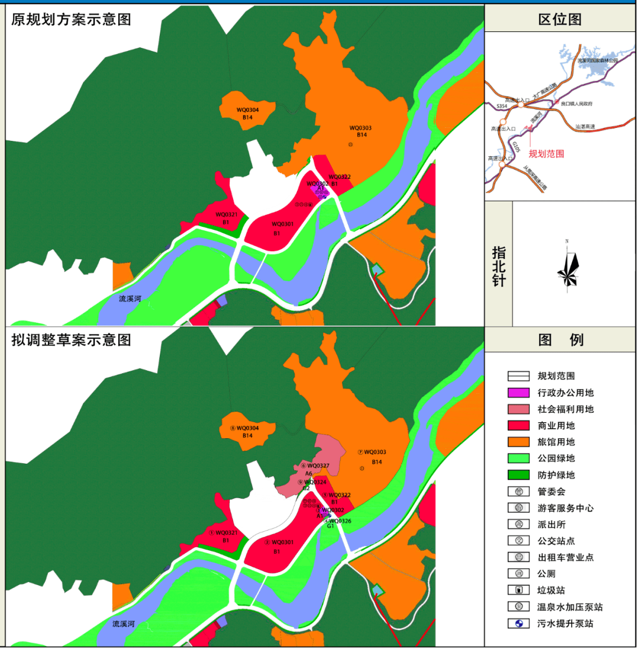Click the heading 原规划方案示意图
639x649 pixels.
tap(71, 19)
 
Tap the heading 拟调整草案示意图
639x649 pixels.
tap(71, 340)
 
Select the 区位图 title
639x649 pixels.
tap(560, 19)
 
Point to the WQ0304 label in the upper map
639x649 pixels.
tap(248, 110)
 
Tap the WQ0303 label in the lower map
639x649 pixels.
tap(375, 452)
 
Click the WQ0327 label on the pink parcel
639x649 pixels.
tap(318, 466)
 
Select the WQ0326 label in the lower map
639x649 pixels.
tap(340, 521)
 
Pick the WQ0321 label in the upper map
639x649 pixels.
tap(226, 214)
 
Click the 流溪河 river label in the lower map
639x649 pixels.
tap(124, 624)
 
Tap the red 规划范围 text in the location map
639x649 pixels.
tap(546, 153)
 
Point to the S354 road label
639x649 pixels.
tap(502, 106)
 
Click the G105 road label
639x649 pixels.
tap(516, 148)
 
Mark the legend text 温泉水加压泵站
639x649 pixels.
tap(570, 607)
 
